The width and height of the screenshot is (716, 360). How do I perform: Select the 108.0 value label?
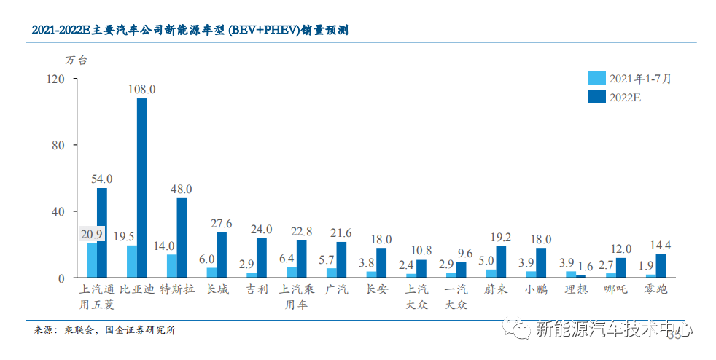coord(142,90)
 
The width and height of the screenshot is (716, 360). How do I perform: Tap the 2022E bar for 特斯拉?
coord(182,238)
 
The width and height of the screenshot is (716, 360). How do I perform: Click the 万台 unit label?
coord(76,60)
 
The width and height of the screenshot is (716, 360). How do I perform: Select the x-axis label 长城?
coord(217,289)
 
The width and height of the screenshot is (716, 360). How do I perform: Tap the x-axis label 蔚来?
coord(496,289)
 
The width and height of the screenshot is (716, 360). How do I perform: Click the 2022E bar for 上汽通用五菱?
coord(102,232)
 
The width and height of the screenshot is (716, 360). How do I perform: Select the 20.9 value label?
coord(91,235)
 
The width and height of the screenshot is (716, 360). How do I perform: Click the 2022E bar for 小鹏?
coord(541,262)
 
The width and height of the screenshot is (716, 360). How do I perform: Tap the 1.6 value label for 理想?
coord(585,266)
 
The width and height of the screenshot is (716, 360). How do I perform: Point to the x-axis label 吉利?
coord(257,289)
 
